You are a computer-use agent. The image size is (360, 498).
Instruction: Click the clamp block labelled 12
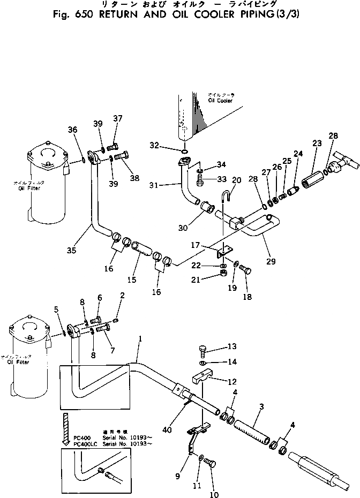pyautogui.click(x=202, y=380)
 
